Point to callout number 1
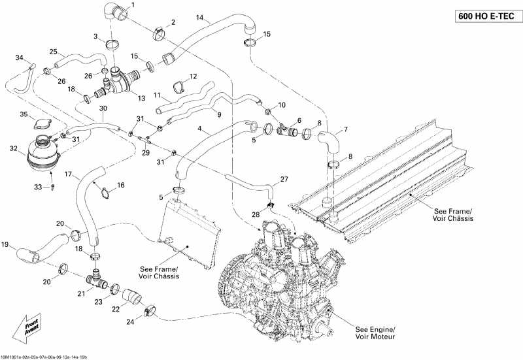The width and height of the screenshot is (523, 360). click(x=133, y=5)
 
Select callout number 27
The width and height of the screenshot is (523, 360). click(x=284, y=179)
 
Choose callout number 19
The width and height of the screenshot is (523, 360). click(x=5, y=246)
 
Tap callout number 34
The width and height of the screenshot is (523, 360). click(x=19, y=59)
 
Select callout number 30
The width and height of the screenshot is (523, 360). click(x=103, y=108)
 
